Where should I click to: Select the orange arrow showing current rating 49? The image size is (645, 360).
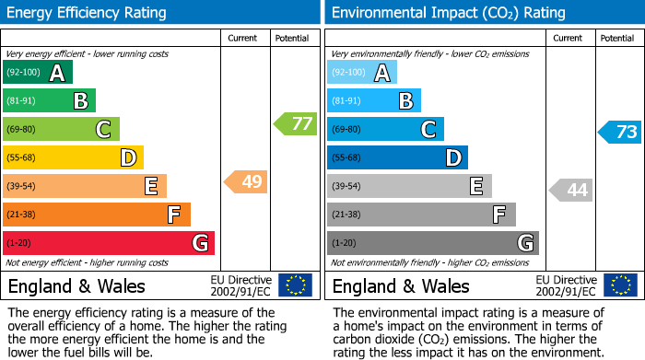tap(246, 181)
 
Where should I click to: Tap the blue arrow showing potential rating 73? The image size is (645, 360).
tap(620, 132)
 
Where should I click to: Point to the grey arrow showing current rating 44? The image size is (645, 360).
tap(571, 190)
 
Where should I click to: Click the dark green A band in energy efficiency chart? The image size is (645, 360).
tap(38, 73)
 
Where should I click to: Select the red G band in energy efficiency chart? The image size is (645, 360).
tap(109, 243)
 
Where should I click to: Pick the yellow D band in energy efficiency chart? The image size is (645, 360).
tap(73, 158)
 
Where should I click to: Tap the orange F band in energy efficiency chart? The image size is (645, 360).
tap(97, 215)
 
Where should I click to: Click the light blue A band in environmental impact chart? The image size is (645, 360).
tap(362, 73)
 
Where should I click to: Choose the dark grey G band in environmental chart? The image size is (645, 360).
tap(433, 243)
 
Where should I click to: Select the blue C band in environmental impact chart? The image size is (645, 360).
tap(385, 130)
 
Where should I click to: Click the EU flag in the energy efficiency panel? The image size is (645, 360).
tap(295, 285)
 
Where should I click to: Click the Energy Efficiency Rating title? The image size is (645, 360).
tap(88, 13)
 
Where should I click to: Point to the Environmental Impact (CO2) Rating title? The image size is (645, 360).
tap(448, 13)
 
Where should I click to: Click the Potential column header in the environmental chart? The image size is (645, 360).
tap(617, 38)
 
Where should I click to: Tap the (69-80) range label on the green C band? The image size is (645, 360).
tap(23, 130)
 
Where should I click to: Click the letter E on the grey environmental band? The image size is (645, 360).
tap(476, 187)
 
